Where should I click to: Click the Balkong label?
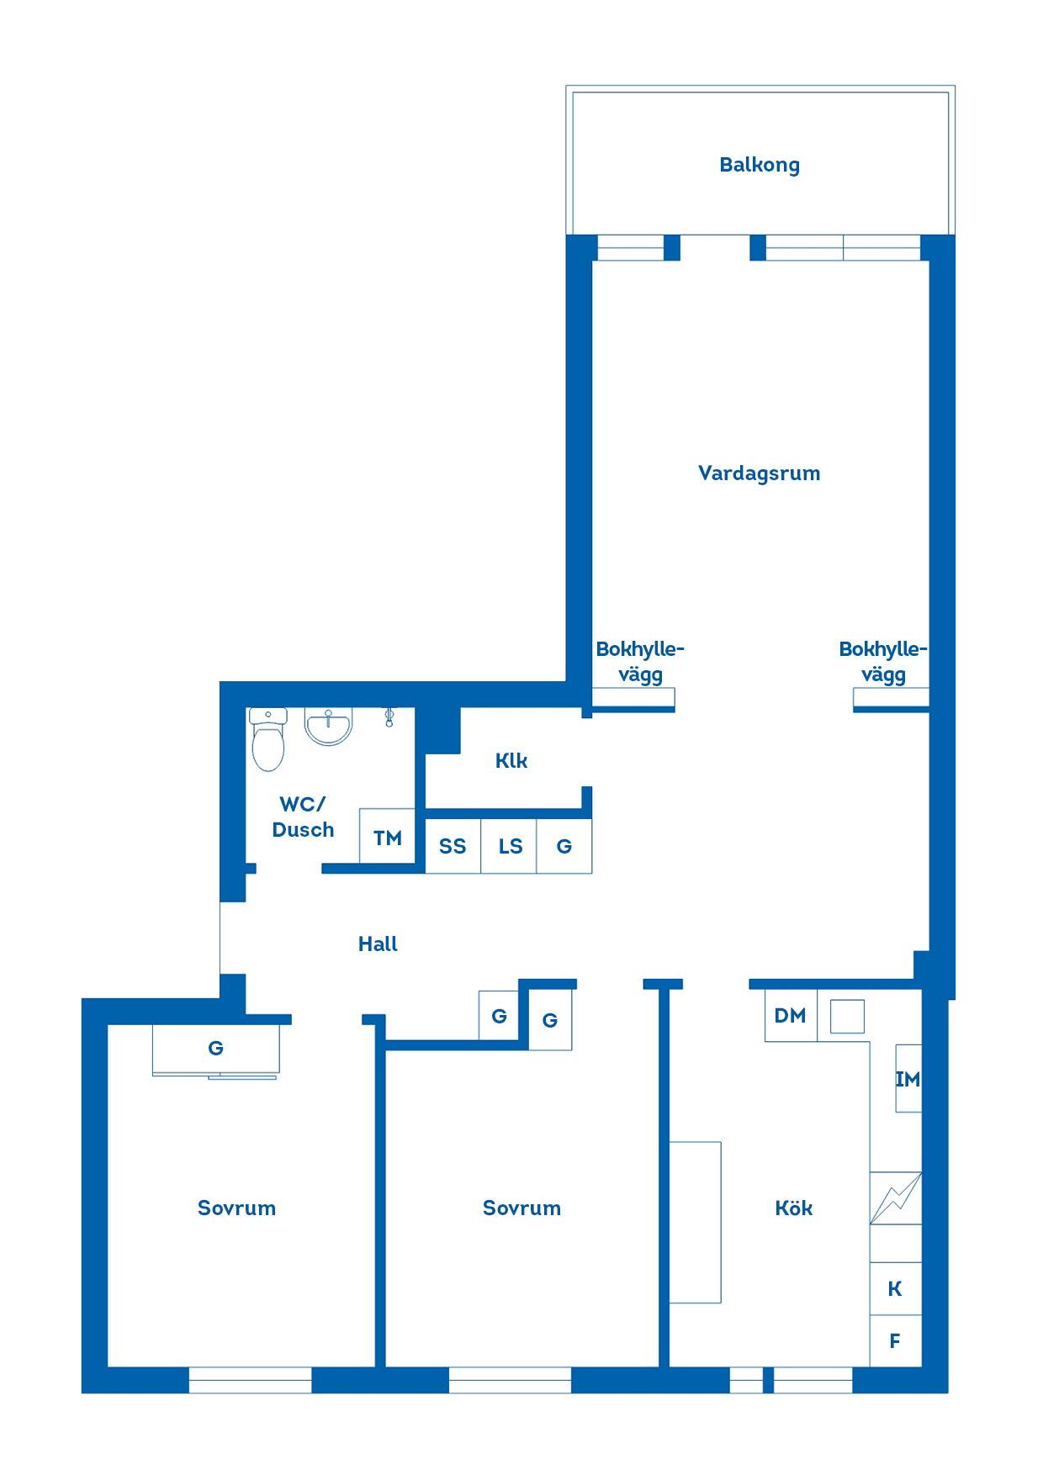click(759, 165)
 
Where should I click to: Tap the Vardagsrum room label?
click(759, 473)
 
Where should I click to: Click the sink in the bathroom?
click(328, 727)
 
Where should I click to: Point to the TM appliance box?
click(387, 836)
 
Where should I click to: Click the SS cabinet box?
click(453, 846)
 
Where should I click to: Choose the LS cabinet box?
click(509, 846)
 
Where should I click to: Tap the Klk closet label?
click(511, 761)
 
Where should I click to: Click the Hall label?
click(378, 944)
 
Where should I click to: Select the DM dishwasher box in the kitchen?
click(791, 1016)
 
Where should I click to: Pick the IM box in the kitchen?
click(908, 1079)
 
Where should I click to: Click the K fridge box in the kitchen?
click(895, 1288)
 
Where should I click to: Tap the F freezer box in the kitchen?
click(895, 1341)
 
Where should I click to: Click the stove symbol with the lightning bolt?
click(895, 1198)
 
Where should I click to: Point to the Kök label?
click(793, 1208)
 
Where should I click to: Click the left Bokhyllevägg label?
click(640, 662)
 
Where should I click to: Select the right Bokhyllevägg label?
click(883, 662)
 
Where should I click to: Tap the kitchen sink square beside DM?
click(847, 1016)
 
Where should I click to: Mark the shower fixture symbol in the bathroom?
click(389, 716)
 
